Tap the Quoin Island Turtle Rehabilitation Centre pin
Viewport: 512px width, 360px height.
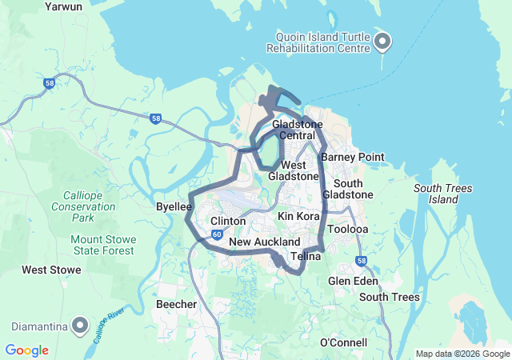coord(383,41)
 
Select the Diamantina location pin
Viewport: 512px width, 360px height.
coord(80,325)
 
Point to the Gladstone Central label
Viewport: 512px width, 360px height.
coord(298,130)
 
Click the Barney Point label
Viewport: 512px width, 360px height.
coord(353,157)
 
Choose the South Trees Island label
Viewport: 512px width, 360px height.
coord(442,194)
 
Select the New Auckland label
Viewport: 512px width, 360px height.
coord(264,242)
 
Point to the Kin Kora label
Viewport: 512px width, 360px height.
coord(298,217)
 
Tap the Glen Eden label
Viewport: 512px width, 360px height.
coord(353,282)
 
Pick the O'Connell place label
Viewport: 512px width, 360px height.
coord(343,342)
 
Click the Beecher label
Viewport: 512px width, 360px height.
coord(176,304)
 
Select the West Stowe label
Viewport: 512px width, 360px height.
coord(51,270)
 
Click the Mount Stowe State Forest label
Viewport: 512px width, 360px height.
coord(102,245)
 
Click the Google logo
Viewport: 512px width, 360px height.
coord(26,350)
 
